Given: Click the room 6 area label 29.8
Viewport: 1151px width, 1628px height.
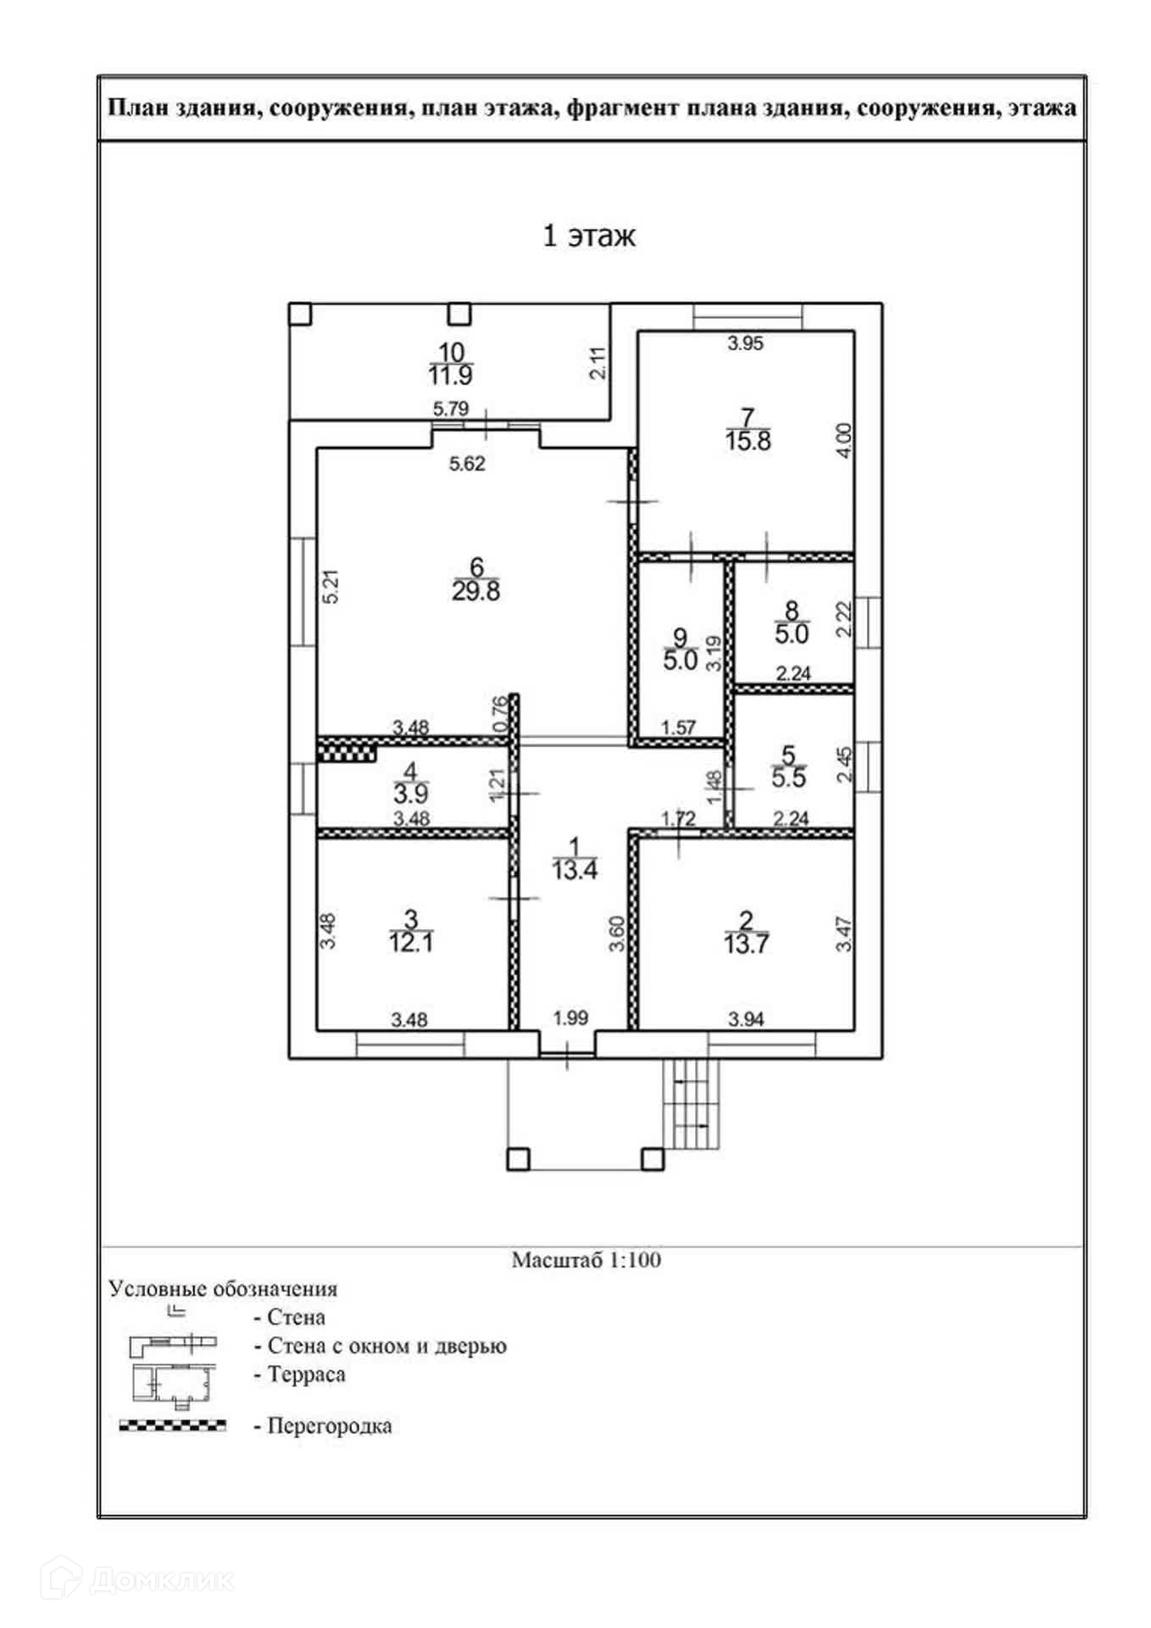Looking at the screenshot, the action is click(x=475, y=591).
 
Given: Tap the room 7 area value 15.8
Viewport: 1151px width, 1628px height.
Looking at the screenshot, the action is click(x=748, y=441).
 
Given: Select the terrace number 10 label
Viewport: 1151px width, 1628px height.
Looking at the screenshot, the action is click(x=451, y=352).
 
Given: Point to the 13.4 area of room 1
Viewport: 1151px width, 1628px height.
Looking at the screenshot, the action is click(x=575, y=869).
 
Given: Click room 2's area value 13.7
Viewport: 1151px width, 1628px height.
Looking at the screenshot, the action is click(x=746, y=944).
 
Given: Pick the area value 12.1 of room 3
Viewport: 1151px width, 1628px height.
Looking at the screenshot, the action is click(x=411, y=942).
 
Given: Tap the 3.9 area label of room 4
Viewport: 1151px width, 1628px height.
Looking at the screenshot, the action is click(x=411, y=794).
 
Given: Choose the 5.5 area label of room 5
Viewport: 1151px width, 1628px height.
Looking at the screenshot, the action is click(x=788, y=778).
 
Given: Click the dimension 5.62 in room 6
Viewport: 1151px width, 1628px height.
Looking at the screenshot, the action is click(x=467, y=464).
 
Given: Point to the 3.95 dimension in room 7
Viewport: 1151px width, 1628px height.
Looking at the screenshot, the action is click(x=746, y=343).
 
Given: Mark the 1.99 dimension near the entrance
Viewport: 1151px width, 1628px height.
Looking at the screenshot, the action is click(x=570, y=1018).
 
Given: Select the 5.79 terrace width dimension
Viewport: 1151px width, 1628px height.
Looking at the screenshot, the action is click(x=450, y=409).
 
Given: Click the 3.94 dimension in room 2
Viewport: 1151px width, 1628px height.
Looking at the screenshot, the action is click(x=746, y=1019).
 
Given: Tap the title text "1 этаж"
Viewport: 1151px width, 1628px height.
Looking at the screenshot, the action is click(x=588, y=236).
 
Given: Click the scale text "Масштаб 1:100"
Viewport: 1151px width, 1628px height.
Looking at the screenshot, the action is click(x=586, y=1260).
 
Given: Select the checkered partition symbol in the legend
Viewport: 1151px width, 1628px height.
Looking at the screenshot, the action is click(x=173, y=1424).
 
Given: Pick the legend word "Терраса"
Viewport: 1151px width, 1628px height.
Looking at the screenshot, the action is click(x=306, y=1374).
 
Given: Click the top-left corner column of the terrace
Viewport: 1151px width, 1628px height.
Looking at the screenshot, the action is click(x=300, y=314).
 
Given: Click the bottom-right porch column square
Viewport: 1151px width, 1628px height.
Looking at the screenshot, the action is click(x=652, y=1158).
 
